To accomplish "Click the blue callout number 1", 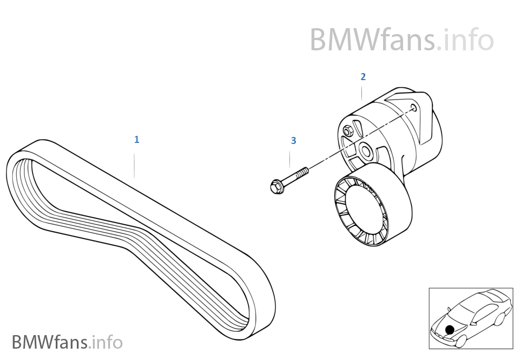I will pyautogui.click(x=137, y=140).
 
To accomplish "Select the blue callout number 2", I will pyautogui.click(x=363, y=77).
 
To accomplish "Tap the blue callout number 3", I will pyautogui.click(x=293, y=141).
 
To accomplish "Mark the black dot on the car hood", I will pyautogui.click(x=449, y=329).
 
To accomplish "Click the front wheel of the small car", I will pyautogui.click(x=462, y=340).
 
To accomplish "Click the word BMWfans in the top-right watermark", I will pyautogui.click(x=372, y=40).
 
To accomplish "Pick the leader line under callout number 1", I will pyautogui.click(x=135, y=166).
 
